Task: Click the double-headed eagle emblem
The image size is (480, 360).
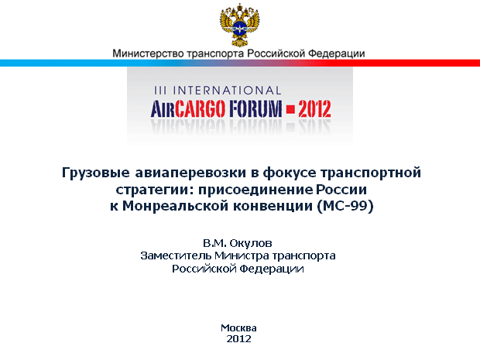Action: tap(240, 25)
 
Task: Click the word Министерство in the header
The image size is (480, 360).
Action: tap(148, 53)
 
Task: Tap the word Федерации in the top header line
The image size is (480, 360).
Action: tap(337, 54)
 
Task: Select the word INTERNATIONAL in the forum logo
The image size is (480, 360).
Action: tap(227, 91)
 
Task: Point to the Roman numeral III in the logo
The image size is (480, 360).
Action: tap(160, 91)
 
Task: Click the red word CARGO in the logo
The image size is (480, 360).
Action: tap(201, 109)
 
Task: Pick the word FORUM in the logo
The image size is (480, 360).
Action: tap(255, 109)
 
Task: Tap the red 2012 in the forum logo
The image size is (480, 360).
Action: tap(314, 109)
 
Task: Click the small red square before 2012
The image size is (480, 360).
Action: tap(290, 109)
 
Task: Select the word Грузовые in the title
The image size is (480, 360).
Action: tap(96, 173)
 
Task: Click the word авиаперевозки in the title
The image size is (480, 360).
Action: tap(190, 173)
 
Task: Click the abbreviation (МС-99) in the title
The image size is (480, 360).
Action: tap(345, 206)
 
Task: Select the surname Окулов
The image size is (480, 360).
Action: tap(251, 243)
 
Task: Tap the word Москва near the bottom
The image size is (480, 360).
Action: tap(238, 328)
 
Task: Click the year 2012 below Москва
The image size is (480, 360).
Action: tap(238, 339)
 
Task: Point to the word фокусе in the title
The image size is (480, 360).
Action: tap(290, 173)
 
